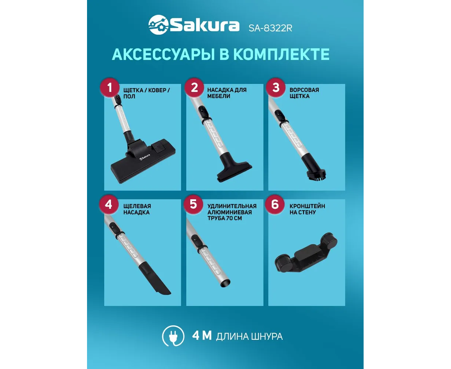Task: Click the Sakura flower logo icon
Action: [x=159, y=24]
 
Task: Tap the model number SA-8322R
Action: [x=270, y=28]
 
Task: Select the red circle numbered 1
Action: [x=110, y=87]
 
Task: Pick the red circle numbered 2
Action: [x=194, y=87]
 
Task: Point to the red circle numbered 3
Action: [x=276, y=87]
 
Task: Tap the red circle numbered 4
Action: [x=109, y=204]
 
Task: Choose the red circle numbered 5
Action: [x=193, y=204]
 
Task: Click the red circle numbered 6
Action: [x=275, y=204]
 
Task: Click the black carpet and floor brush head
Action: [x=143, y=161]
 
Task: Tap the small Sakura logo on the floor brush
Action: [x=145, y=157]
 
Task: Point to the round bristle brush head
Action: [x=316, y=175]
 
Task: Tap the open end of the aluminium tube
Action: [x=225, y=283]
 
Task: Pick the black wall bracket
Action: [x=306, y=252]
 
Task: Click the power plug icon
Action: [x=173, y=336]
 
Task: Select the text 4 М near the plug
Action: [x=202, y=335]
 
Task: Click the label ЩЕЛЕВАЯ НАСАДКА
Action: [x=137, y=209]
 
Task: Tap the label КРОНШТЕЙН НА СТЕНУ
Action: [x=307, y=209]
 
